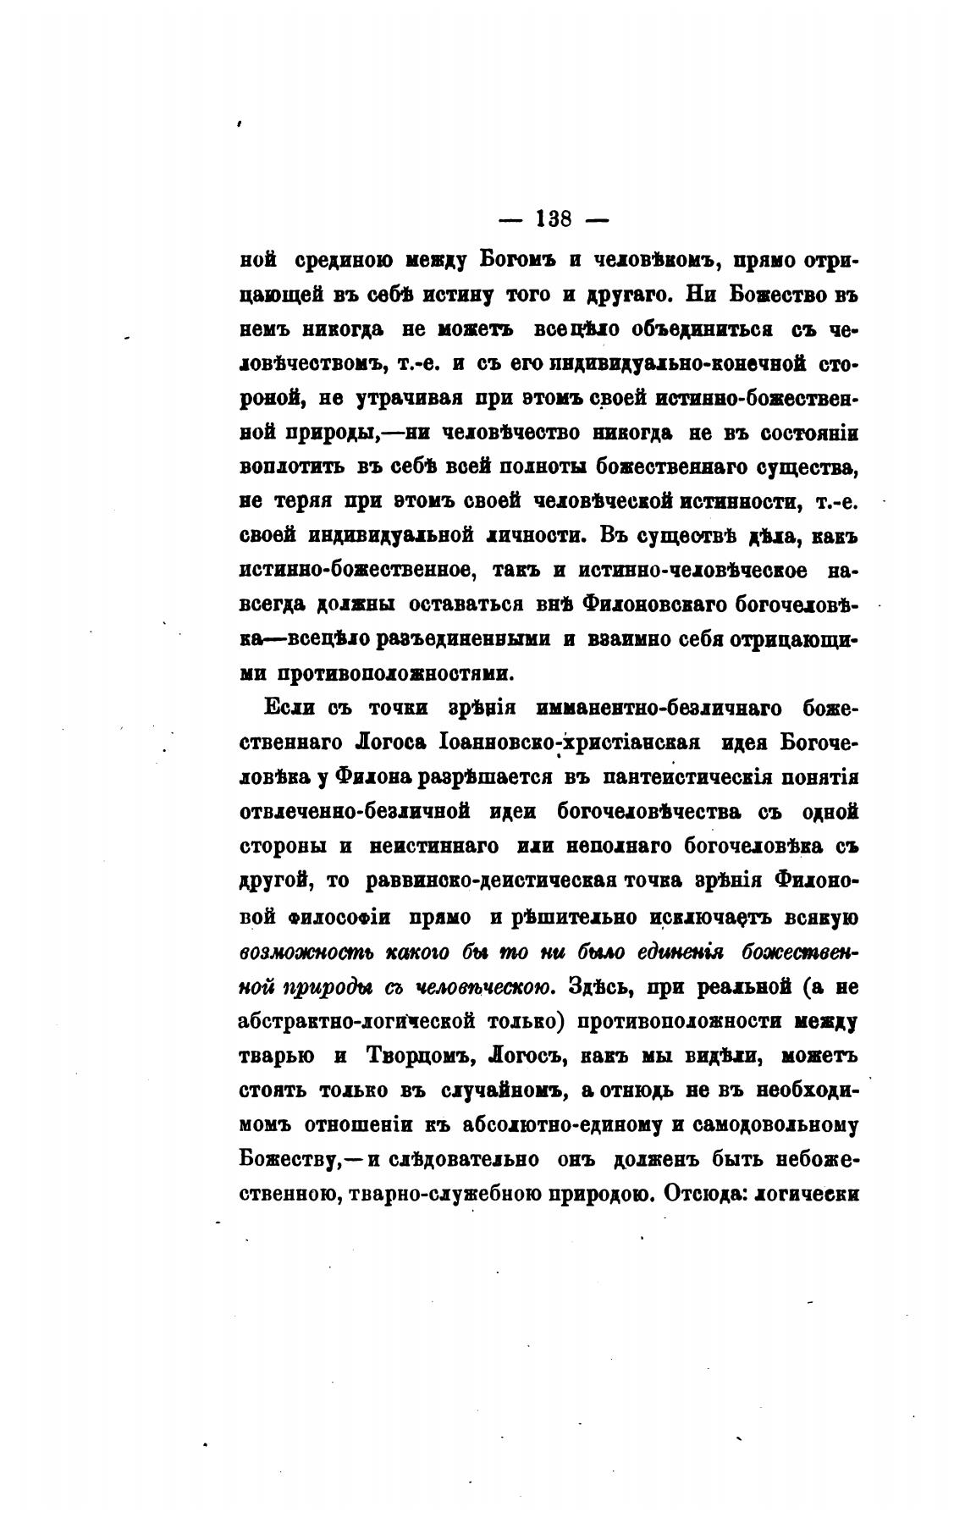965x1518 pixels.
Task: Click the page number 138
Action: pyautogui.click(x=555, y=219)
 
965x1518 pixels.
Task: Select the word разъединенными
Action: pyautogui.click(x=460, y=640)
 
